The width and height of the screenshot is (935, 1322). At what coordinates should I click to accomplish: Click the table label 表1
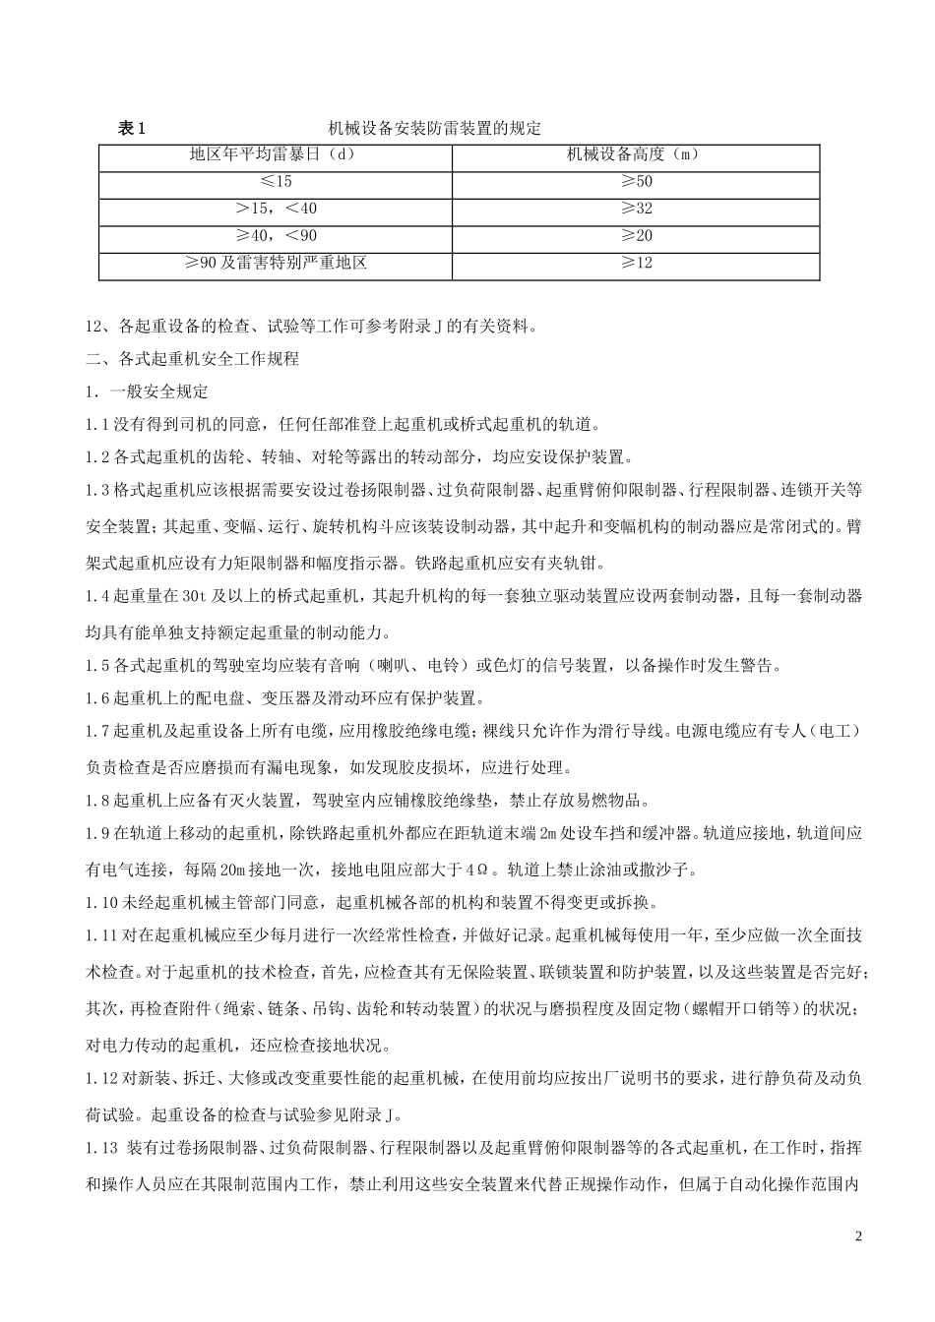point(131,129)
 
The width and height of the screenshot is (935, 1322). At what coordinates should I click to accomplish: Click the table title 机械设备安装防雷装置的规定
point(435,129)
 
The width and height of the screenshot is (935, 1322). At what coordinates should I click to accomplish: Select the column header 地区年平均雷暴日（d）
point(277,154)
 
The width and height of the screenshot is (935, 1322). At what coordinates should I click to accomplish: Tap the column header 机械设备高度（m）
point(637,154)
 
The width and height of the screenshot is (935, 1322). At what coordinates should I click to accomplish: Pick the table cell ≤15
point(277,182)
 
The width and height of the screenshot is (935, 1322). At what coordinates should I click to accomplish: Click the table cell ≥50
point(637,182)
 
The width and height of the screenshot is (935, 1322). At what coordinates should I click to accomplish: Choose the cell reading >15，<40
point(277,209)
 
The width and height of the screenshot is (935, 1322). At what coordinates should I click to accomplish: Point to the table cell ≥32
point(637,209)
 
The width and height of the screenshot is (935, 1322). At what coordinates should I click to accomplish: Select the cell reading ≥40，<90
point(277,236)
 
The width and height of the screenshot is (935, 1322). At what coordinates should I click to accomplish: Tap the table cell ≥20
point(637,236)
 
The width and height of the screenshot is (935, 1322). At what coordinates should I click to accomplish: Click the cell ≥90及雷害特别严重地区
point(277,264)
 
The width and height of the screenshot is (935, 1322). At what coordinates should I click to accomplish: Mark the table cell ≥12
point(637,264)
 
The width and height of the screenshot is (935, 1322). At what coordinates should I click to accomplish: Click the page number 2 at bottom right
point(858,1236)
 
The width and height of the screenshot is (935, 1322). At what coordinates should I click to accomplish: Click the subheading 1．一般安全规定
point(147,391)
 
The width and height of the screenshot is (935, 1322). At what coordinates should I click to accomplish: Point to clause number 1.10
point(99,902)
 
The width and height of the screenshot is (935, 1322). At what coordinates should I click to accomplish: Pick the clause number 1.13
point(100,1148)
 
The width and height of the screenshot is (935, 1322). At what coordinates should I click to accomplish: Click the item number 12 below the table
point(94,328)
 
